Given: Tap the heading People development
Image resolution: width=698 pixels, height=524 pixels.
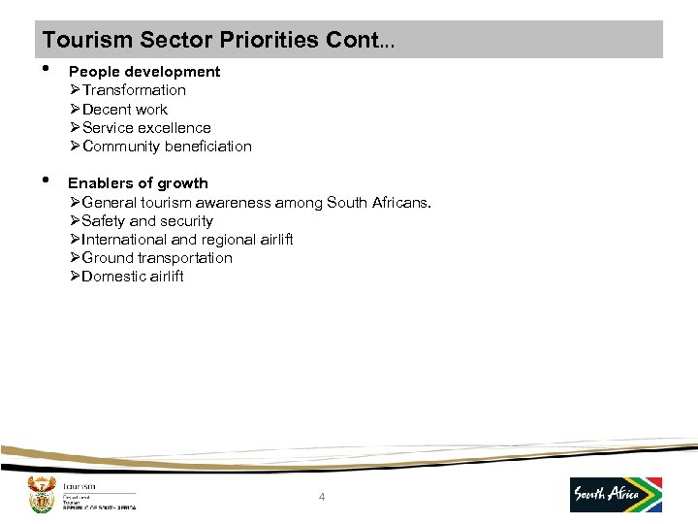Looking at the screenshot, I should (143, 72).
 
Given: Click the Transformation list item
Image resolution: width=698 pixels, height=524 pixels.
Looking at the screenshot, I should (134, 90).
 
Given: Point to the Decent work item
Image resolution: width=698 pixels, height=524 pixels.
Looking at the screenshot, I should (124, 110).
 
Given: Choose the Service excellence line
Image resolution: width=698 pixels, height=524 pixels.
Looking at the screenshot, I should (146, 128).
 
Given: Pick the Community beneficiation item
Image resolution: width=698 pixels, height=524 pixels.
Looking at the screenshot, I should (167, 147).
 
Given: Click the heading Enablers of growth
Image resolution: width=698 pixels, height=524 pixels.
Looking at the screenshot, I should (138, 183).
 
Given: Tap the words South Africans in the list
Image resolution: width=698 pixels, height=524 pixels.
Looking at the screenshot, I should (388, 203).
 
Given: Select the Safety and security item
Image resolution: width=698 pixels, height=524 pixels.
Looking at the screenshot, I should (147, 221).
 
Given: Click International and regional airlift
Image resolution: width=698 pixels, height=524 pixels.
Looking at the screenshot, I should (187, 240).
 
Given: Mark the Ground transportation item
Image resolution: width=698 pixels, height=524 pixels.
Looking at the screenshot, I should (157, 258).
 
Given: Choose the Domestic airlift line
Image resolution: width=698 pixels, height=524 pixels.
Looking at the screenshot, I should (133, 277).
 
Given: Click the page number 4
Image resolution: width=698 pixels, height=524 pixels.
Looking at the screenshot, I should (322, 498).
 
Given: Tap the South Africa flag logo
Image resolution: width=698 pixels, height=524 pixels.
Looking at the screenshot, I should (616, 494).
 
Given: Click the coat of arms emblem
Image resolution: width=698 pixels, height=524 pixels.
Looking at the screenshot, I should (41, 494).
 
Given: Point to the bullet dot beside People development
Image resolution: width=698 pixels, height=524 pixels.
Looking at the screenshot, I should (47, 70).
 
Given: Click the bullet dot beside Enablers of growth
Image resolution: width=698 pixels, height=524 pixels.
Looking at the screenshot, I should (47, 181).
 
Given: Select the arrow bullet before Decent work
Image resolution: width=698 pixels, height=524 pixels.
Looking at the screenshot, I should (75, 110).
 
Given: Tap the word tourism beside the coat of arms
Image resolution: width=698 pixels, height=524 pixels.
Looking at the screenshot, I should (79, 486).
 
